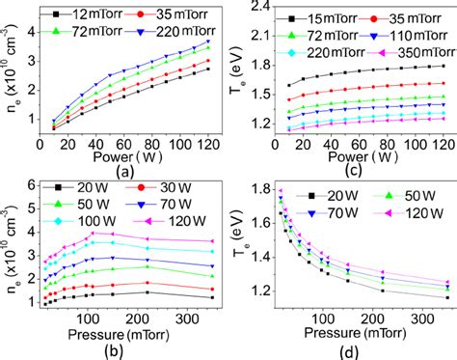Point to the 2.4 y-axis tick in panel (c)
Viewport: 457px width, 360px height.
click(254, 10)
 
